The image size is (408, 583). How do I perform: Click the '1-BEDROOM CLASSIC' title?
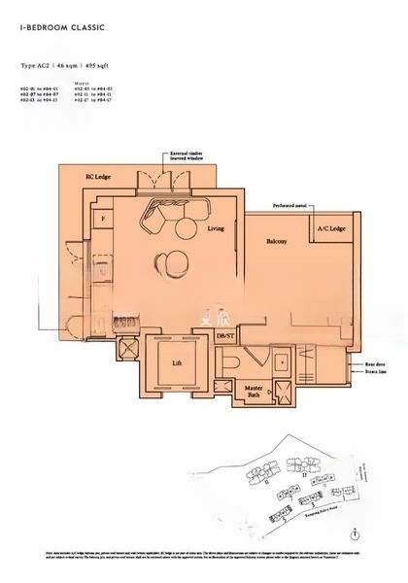59,30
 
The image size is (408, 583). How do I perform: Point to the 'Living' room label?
216,228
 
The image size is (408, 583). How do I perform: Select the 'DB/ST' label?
225,336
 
